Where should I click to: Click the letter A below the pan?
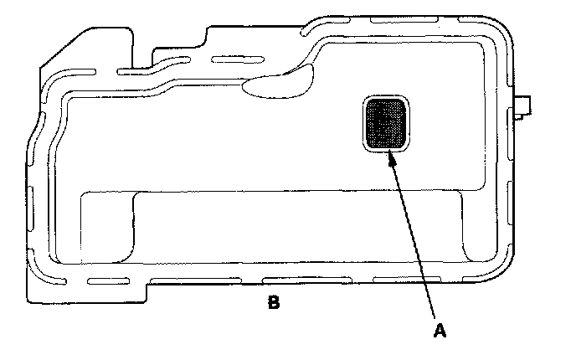438,331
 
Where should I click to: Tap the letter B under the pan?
273,302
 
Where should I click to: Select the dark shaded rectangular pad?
386,123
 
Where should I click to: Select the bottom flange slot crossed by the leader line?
393,277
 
